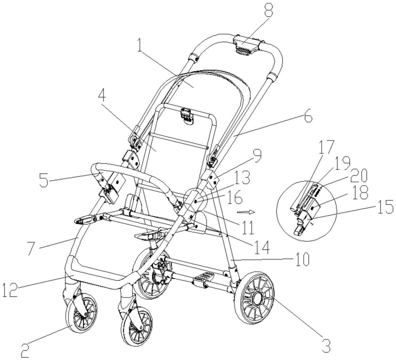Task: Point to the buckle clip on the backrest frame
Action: point(187,115)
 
